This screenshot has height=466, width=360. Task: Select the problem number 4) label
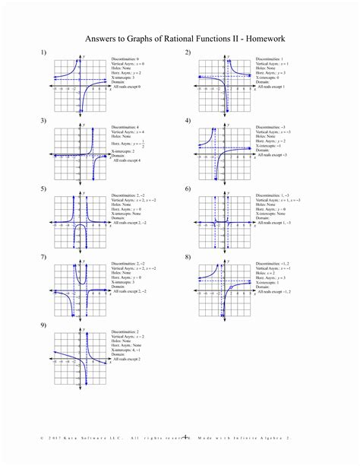[x=187, y=120]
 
